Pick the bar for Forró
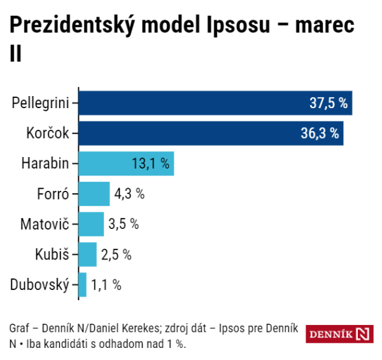pyautogui.click(x=94, y=194)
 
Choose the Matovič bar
pyautogui.click(x=91, y=224)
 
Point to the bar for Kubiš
pyautogui.click(x=88, y=254)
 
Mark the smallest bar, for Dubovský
pyautogui.click(x=83, y=284)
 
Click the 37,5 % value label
pyautogui.click(x=327, y=103)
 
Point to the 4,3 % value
pyautogui.click(x=129, y=194)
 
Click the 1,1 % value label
pyautogui.click(x=106, y=284)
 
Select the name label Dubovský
pyautogui.click(x=39, y=284)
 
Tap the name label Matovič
pyautogui.click(x=45, y=224)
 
